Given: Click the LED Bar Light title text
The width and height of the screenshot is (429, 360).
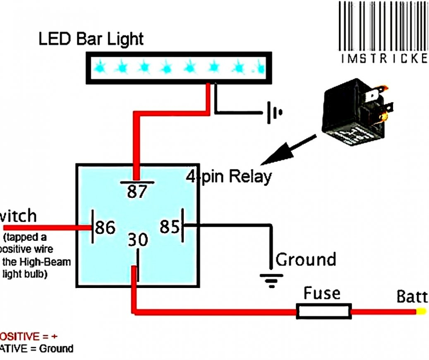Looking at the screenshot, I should pos(91,39).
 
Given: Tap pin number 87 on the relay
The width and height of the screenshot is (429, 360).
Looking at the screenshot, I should pos(137,192).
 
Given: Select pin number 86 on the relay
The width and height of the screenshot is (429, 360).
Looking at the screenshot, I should pos(105,227).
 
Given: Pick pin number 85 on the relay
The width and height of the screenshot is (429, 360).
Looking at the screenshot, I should pos(170,226).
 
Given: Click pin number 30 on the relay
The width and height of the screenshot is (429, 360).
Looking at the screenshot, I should pos(137,240).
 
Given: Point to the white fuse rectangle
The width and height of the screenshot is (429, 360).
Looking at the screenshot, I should pos(324,311).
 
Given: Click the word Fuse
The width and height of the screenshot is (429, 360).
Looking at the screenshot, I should pos(322,293).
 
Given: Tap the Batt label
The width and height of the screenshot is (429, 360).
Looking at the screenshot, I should pos(412,297).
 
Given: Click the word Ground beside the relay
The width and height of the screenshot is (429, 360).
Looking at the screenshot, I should pos(306,260).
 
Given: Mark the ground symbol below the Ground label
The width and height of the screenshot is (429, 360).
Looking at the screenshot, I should pos(271,280).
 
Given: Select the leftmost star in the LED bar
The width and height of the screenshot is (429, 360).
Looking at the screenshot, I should pos(100,66).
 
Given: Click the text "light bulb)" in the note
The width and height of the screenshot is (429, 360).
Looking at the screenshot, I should pos(25,274).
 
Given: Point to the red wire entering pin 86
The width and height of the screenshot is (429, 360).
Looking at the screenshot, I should pos(46,227).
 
